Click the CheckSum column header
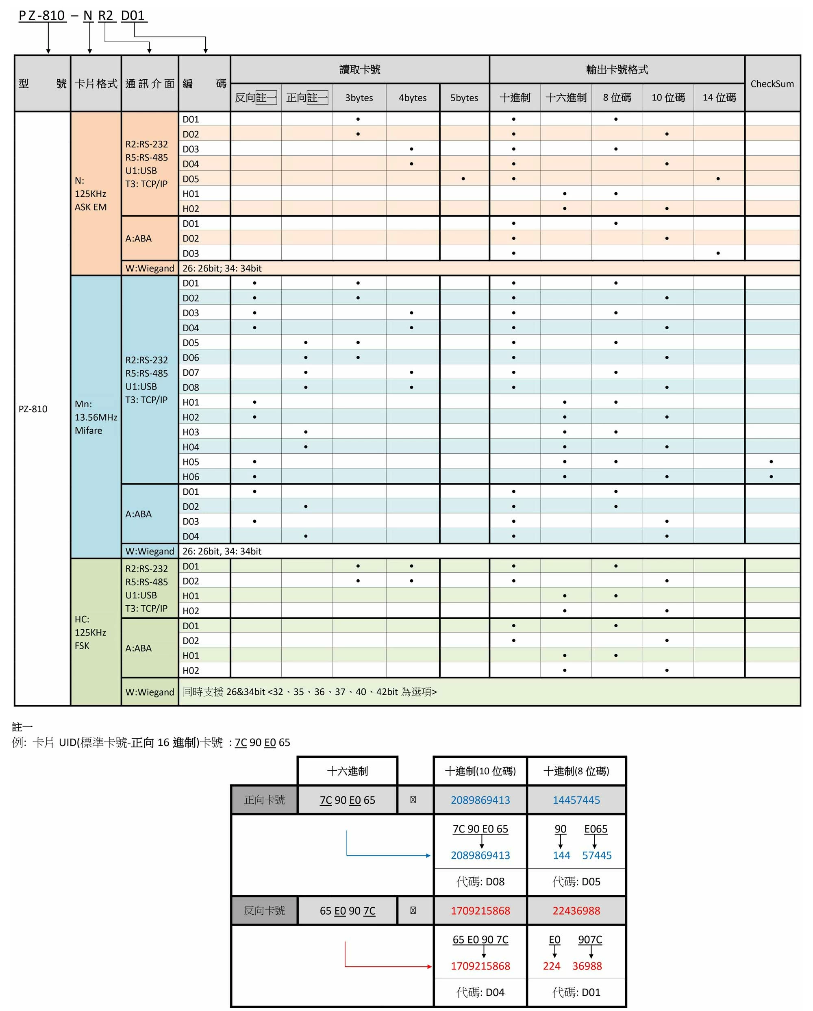click(x=772, y=83)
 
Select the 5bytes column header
click(x=464, y=98)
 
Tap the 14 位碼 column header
click(x=719, y=98)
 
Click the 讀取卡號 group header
click(x=360, y=70)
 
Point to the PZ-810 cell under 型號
click(x=33, y=409)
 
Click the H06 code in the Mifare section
click(x=191, y=477)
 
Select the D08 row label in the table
click(x=191, y=387)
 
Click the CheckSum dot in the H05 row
click(x=771, y=462)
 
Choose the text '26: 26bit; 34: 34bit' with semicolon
click(x=222, y=268)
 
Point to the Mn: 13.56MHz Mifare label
click(x=95, y=417)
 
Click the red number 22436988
click(x=576, y=911)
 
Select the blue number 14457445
click(x=576, y=800)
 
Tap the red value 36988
click(x=587, y=966)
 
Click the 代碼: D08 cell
click(x=480, y=882)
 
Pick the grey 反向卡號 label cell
click(x=265, y=911)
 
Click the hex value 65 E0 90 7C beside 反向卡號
click(x=348, y=911)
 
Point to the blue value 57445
click(x=597, y=855)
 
